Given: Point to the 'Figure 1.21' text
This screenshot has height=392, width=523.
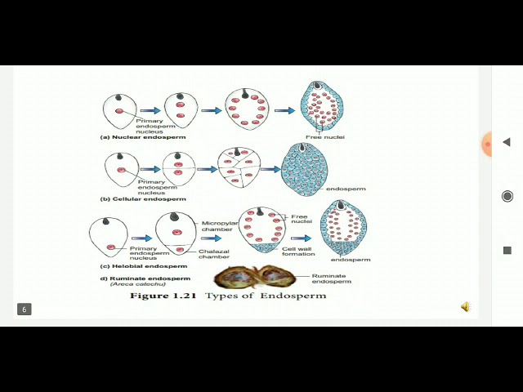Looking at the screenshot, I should (x=163, y=296).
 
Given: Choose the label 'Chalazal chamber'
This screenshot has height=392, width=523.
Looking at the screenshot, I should (x=213, y=253).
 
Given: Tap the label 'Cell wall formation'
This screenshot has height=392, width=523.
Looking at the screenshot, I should (x=298, y=250).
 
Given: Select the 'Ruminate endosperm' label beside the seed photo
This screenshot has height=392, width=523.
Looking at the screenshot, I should (x=329, y=278).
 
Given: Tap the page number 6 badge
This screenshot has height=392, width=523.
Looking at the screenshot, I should (x=25, y=309).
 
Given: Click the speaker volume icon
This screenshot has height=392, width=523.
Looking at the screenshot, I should (x=465, y=307).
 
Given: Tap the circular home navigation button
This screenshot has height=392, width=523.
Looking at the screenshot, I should (x=507, y=196).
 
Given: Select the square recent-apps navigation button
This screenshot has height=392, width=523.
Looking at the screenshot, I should (x=507, y=251).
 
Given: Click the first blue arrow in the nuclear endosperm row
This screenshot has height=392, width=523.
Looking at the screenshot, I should (x=150, y=110).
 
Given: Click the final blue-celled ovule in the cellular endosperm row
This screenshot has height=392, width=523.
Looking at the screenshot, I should (x=303, y=169).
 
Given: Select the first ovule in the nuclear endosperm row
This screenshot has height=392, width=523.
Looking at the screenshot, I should (x=119, y=111).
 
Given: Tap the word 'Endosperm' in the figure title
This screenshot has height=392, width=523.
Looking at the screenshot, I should (x=293, y=296).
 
